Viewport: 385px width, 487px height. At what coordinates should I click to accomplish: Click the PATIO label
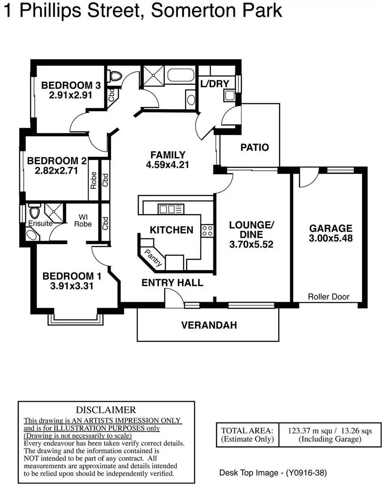(x=255, y=147)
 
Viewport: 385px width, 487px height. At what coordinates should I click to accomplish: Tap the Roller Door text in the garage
(x=329, y=297)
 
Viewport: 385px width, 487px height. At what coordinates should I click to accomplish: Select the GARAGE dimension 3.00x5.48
(x=331, y=238)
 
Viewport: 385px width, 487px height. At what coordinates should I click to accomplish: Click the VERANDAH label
(x=209, y=325)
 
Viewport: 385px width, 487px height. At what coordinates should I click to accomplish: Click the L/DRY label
(x=215, y=84)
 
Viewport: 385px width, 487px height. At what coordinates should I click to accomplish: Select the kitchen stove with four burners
(x=207, y=231)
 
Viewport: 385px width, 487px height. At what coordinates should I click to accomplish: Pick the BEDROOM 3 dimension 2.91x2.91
(x=71, y=95)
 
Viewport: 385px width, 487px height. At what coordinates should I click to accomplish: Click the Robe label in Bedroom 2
(x=94, y=180)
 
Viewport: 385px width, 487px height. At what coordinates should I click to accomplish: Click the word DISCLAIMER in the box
(x=106, y=410)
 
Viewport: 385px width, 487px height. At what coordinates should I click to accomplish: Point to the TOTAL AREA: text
(x=247, y=431)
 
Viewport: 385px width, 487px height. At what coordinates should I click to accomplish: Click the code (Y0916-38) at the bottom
(x=306, y=473)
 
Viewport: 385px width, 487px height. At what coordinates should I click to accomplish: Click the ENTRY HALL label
(x=172, y=283)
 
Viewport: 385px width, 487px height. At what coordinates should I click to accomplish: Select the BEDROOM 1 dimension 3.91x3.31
(x=72, y=286)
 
